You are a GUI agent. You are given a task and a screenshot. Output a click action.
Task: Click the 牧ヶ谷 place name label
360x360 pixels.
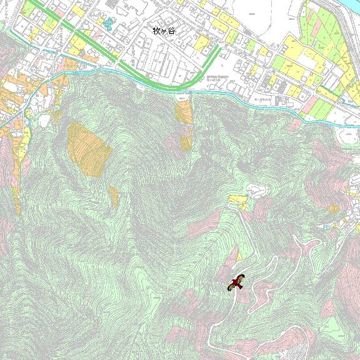tap(165, 30)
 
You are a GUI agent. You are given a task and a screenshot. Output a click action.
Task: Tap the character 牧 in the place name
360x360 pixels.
tap(157, 30)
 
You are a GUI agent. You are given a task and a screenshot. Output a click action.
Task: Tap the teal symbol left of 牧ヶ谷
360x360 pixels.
tap(108, 26)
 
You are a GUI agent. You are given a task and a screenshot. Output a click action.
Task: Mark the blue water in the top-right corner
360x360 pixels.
tap(347, 6)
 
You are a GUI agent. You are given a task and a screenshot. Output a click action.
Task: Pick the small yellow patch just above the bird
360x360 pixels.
tap(239, 255)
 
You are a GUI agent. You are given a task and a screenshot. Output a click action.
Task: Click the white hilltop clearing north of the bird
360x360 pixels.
tap(256, 189)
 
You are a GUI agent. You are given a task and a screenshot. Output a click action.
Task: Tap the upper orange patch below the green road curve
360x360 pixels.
tap(184, 111)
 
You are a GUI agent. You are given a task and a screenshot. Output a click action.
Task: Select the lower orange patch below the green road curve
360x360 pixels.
tap(186, 142)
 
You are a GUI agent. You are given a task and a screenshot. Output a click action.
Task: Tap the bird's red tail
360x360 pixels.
tap(232, 287)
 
